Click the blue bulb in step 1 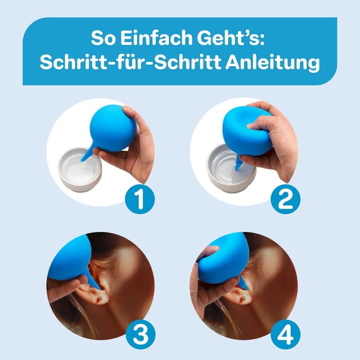point(112,128)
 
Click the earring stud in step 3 point(100,299)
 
